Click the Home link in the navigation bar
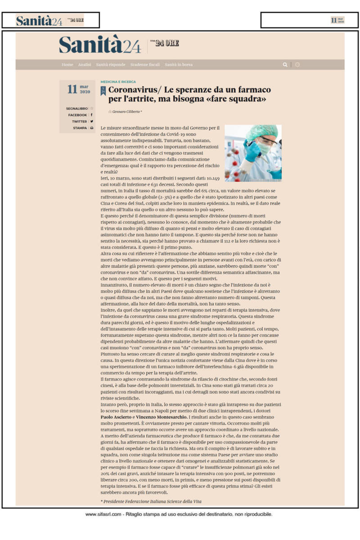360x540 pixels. click(67, 65)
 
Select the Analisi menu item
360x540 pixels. click(85, 65)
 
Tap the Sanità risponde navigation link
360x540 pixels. click(111, 65)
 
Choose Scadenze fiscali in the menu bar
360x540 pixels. click(145, 65)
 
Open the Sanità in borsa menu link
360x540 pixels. click(179, 65)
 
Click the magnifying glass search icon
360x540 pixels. click(285, 65)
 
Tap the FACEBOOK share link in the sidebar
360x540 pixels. click(78, 115)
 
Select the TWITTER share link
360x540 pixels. click(80, 121)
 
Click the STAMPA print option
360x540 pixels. click(80, 128)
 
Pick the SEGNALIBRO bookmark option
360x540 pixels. click(77, 108)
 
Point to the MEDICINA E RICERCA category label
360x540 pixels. click(118, 82)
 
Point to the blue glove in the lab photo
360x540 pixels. click(252, 151)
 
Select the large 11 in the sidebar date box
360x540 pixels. click(72, 89)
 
